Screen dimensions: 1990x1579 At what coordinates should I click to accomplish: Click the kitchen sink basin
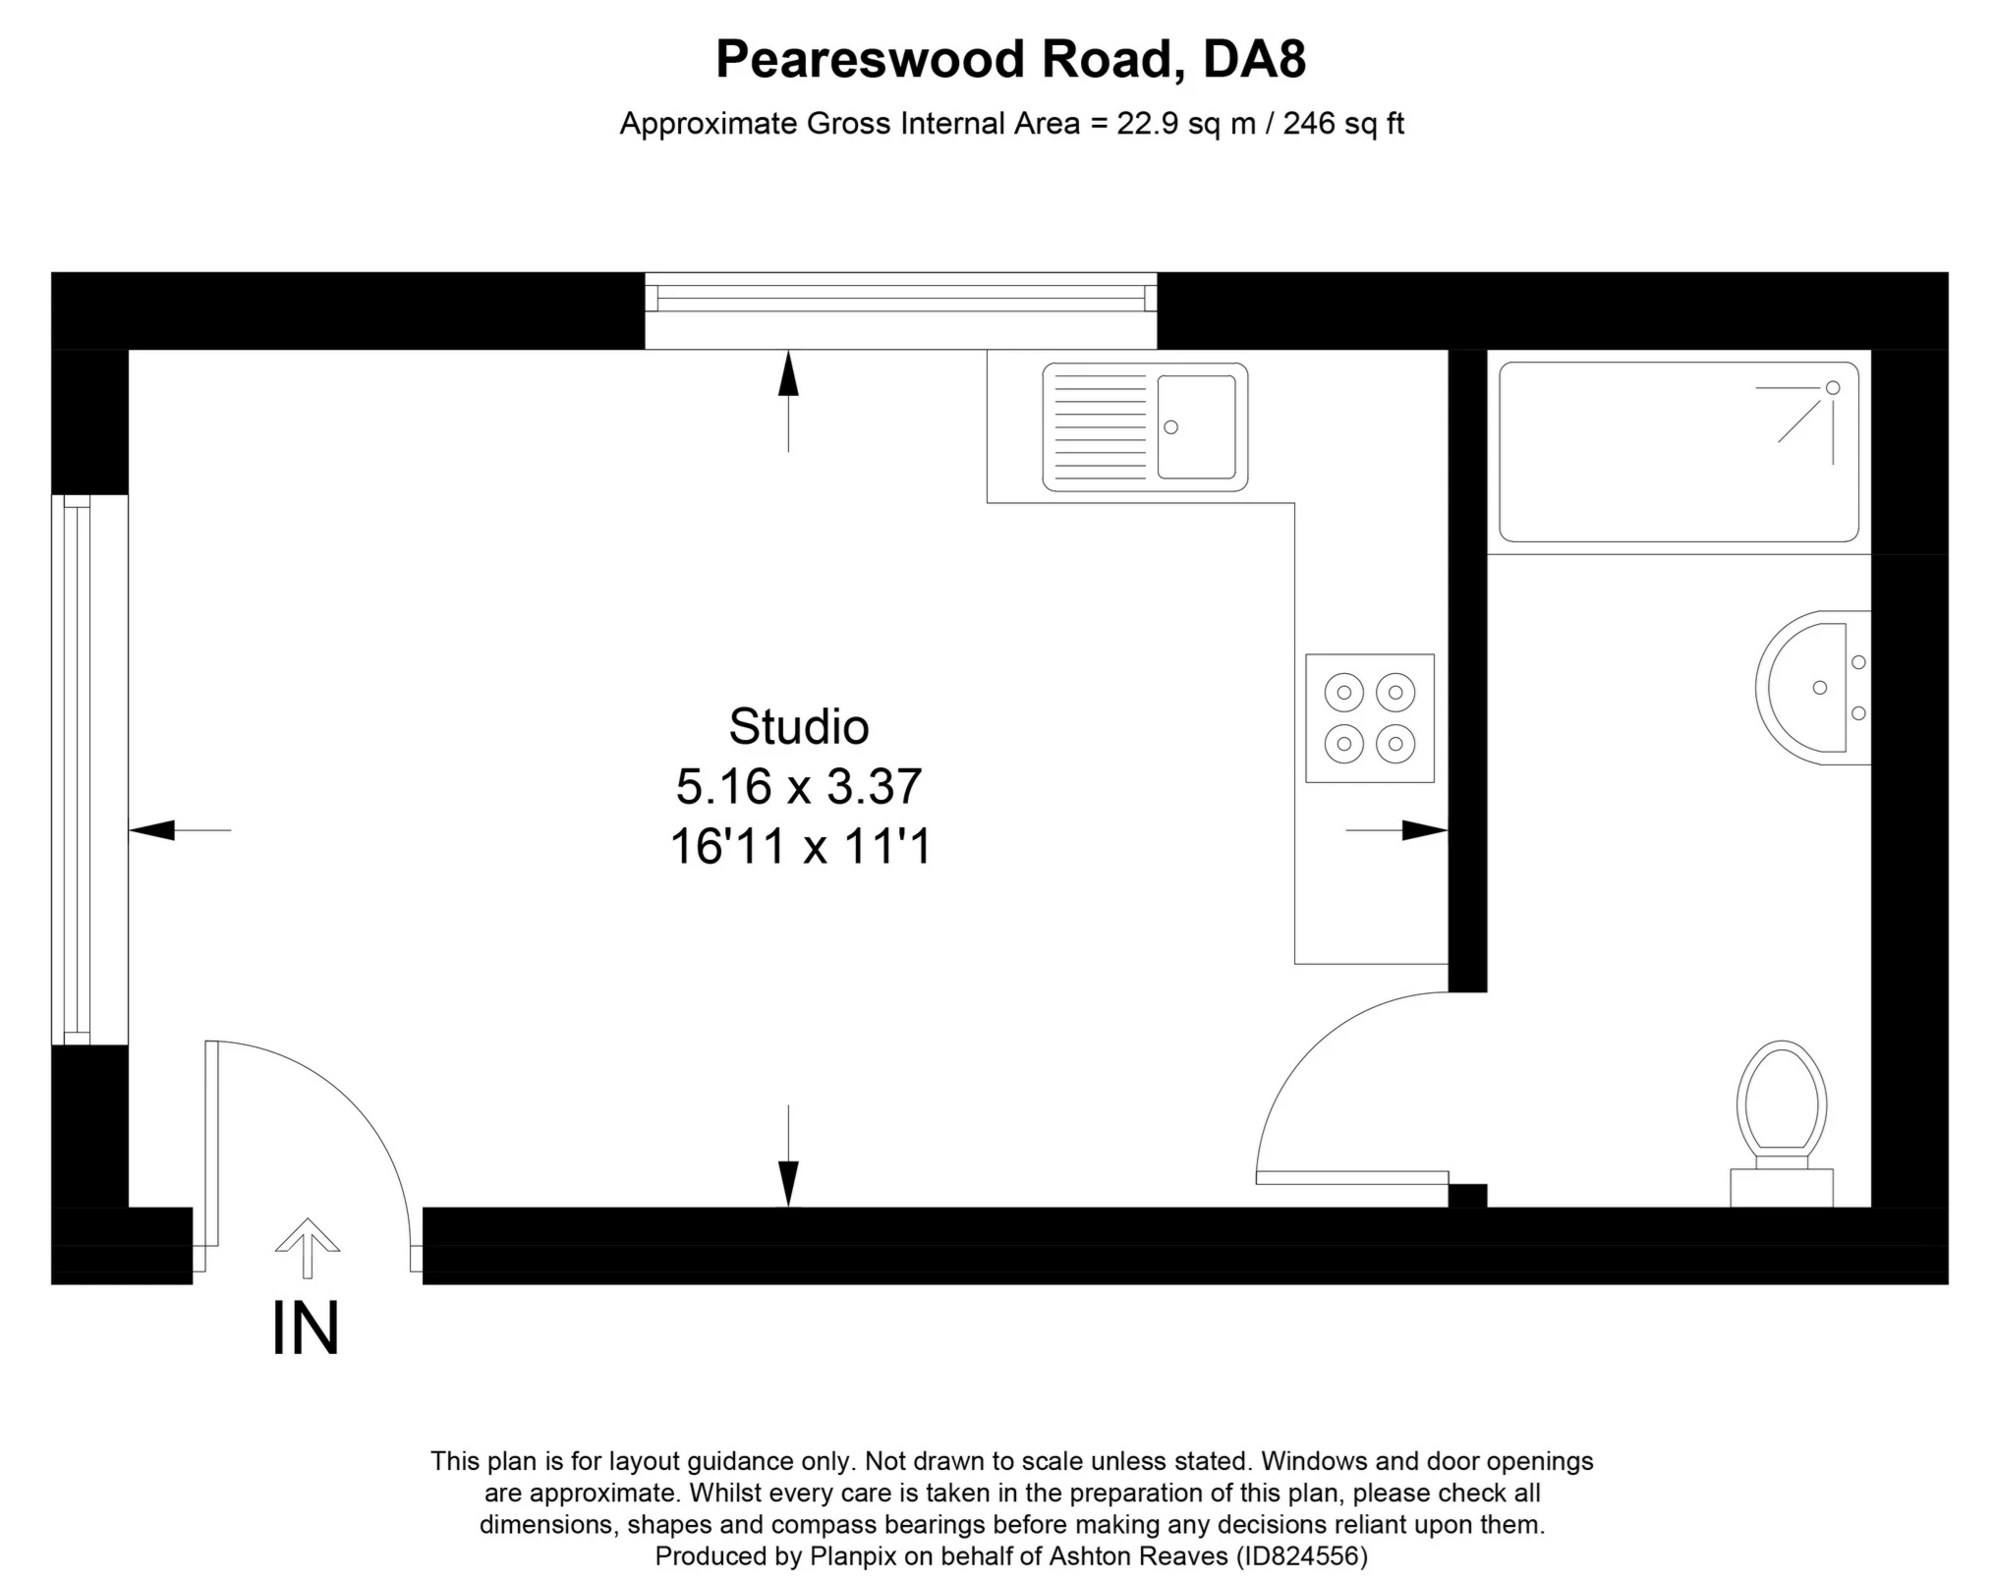[1196, 426]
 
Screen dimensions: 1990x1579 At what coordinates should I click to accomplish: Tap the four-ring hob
[1370, 718]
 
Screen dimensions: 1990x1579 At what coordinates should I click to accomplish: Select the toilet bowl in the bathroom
[1782, 1098]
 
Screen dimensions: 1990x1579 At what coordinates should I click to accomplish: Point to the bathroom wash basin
[1813, 688]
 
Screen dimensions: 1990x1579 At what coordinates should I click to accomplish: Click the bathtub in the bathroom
[1678, 452]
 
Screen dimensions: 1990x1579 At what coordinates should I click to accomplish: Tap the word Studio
[799, 727]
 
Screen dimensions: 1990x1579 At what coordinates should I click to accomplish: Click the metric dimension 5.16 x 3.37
[799, 786]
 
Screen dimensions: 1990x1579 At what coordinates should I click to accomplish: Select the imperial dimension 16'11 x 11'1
[800, 846]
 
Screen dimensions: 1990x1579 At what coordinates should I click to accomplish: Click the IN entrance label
[306, 1328]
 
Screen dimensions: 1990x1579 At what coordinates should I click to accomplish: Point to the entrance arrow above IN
[308, 1248]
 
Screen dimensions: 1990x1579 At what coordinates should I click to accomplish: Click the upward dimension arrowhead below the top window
[788, 373]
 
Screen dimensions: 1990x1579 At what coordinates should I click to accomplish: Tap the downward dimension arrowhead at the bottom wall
[788, 1184]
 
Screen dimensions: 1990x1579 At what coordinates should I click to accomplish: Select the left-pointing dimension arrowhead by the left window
[151, 830]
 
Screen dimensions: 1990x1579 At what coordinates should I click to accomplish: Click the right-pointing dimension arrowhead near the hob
[1425, 830]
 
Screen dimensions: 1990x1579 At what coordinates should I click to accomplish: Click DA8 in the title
[1254, 59]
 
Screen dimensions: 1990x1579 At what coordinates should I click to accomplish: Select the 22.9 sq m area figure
[1186, 124]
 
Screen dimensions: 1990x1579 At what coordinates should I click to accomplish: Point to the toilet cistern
[1782, 1187]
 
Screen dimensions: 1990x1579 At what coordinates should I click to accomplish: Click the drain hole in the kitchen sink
[1170, 427]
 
